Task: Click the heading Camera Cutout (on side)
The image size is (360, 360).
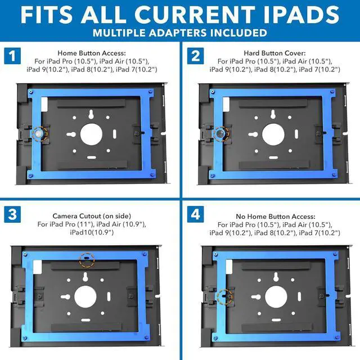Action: click(x=91, y=215)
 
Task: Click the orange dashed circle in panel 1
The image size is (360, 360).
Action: click(x=39, y=134)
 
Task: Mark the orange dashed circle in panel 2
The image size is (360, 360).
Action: click(x=221, y=134)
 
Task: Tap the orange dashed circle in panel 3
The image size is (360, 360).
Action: click(x=86, y=260)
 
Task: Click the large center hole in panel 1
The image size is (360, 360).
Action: click(x=91, y=134)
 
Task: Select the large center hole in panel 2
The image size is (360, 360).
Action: click(x=273, y=134)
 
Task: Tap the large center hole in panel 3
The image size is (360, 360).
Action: click(x=85, y=296)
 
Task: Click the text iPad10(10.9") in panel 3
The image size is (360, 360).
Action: click(x=91, y=232)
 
